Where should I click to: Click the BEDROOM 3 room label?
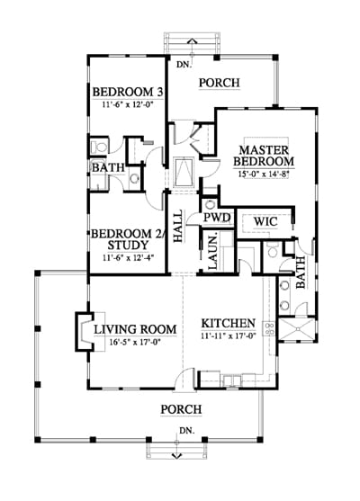click(128, 92)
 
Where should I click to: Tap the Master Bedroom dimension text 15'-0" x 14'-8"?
click(264, 174)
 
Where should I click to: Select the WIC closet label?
click(265, 221)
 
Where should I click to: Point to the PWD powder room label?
click(217, 218)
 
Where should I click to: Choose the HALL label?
click(178, 226)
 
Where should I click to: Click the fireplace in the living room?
click(84, 332)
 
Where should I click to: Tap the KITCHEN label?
click(229, 323)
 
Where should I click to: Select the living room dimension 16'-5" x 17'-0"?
click(135, 342)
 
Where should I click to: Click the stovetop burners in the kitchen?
click(269, 329)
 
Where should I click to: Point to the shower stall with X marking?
click(297, 329)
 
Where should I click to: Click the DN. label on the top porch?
click(184, 64)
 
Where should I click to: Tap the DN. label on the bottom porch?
click(187, 430)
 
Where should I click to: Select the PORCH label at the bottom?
click(181, 409)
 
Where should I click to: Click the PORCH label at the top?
click(220, 83)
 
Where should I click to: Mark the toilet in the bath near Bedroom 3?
click(99, 147)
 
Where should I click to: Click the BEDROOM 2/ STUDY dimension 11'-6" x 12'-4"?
click(129, 257)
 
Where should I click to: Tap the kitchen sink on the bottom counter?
click(232, 380)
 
